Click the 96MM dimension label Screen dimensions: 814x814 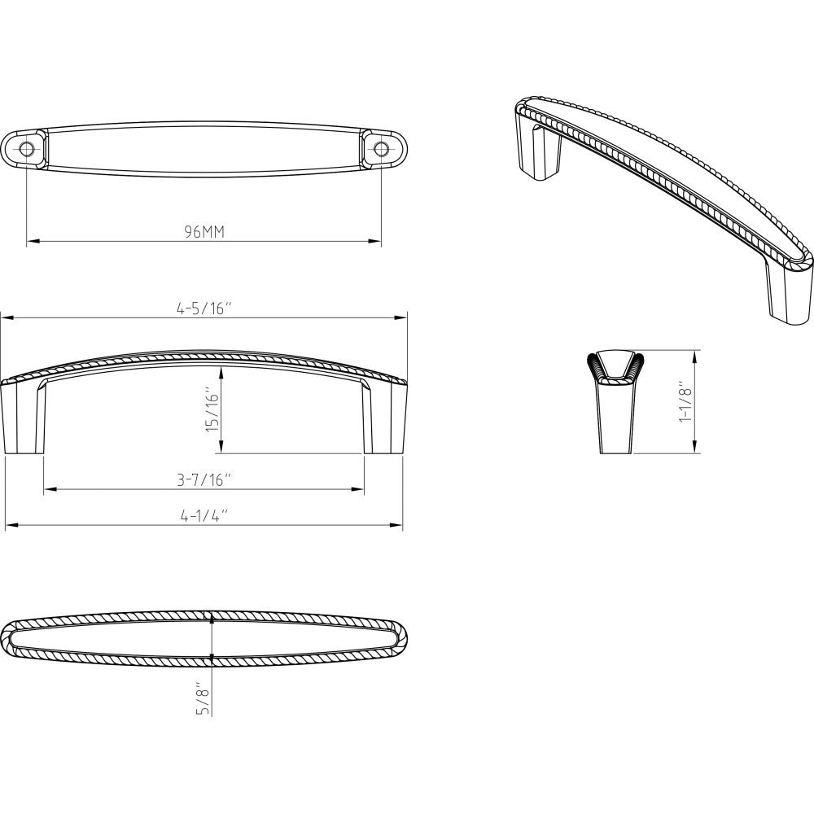click(203, 232)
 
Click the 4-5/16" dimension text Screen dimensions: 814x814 click(203, 308)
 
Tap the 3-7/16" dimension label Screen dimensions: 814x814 click(203, 479)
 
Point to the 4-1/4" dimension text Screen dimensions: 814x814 click(203, 516)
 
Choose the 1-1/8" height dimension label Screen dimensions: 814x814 click(685, 402)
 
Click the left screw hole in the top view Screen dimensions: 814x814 click(27, 149)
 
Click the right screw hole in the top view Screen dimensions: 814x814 click(381, 149)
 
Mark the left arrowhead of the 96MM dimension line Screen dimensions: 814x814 click(32, 242)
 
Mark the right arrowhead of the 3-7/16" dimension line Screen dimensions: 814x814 click(359, 489)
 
